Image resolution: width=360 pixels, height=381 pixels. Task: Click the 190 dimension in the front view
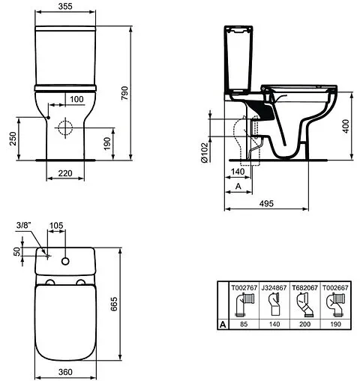[107, 142]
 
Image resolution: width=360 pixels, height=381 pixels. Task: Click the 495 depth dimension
[266, 202]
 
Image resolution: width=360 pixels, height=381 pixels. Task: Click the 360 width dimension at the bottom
[67, 371]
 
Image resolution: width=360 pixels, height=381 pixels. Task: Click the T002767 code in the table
[243, 286]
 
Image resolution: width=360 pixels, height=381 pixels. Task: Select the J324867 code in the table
[273, 286]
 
